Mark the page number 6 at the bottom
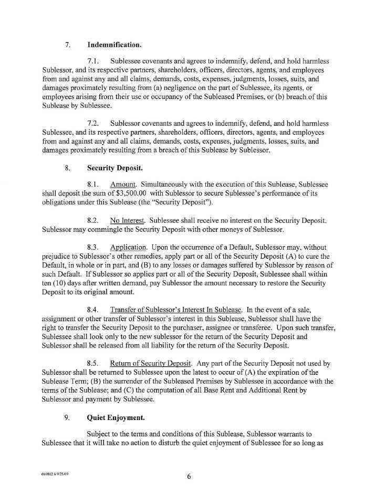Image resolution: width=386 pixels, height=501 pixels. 188,476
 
